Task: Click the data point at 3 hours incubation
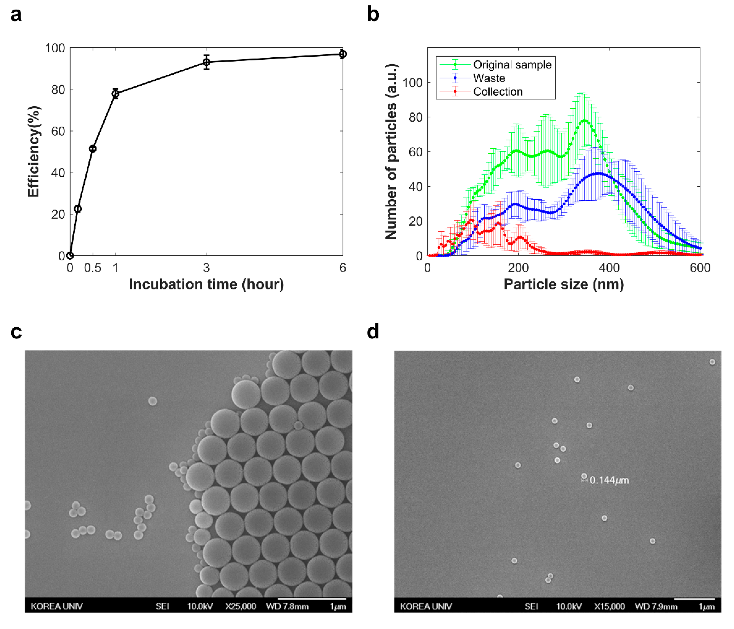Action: pos(207,62)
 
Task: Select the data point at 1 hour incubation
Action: pos(115,94)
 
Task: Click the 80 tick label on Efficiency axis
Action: pos(58,90)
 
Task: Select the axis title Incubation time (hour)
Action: pos(206,284)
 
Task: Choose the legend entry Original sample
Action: pos(512,65)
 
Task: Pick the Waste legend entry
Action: pos(489,78)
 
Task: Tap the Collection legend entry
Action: pos(498,92)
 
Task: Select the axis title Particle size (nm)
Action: pos(564,284)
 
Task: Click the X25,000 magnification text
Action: pos(241,606)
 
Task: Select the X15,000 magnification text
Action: pos(609,606)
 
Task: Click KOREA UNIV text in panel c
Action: pos(57,606)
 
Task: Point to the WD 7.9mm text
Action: pos(656,606)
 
